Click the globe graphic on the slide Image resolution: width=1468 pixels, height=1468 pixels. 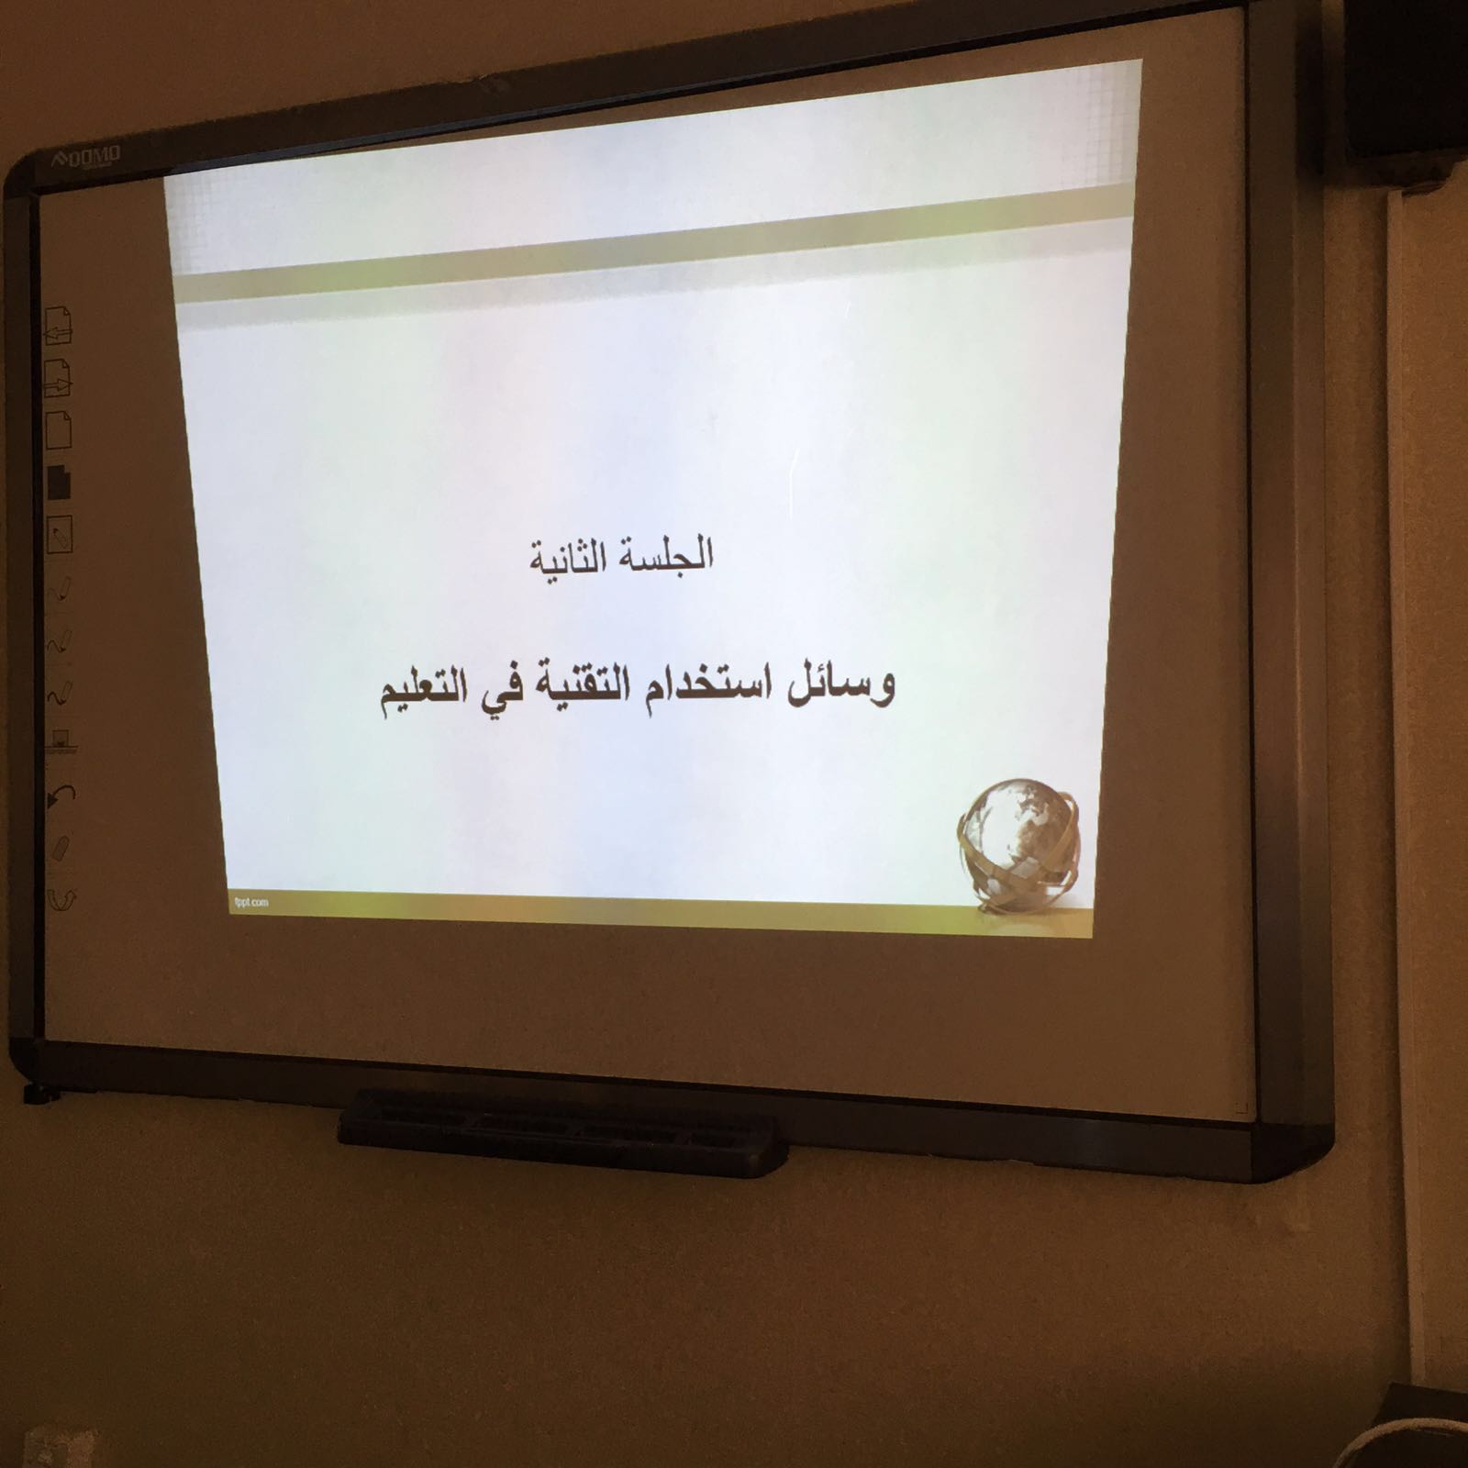click(1018, 845)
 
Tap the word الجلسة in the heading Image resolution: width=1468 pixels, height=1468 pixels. click(669, 553)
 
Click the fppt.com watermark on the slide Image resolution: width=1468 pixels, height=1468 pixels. click(251, 902)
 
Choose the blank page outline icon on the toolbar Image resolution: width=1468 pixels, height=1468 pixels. click(59, 429)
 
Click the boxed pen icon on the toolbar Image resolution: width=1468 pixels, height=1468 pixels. click(60, 534)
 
